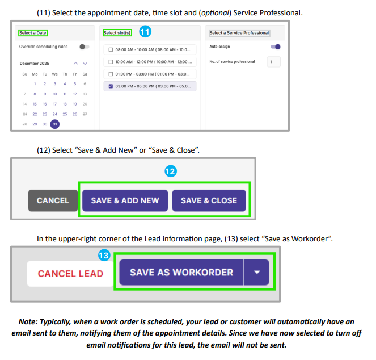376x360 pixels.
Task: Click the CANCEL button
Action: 53,200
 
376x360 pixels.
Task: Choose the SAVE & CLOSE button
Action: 209,200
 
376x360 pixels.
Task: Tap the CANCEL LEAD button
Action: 70,273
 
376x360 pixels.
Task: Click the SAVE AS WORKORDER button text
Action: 181,272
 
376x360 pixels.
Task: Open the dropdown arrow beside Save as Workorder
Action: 257,273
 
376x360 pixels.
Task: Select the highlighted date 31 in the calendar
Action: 54,124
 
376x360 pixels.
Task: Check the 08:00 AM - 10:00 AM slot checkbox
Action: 110,49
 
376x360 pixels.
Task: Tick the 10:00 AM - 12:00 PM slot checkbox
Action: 110,62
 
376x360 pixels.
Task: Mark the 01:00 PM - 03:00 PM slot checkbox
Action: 110,74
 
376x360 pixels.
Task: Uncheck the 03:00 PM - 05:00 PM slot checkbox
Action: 110,86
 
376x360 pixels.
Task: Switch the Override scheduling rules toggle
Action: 84,47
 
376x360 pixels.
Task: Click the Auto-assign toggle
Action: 276,47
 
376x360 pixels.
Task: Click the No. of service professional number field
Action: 273,61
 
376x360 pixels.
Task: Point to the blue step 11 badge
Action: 145,32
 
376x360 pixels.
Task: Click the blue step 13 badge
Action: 104,256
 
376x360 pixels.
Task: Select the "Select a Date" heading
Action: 33,33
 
